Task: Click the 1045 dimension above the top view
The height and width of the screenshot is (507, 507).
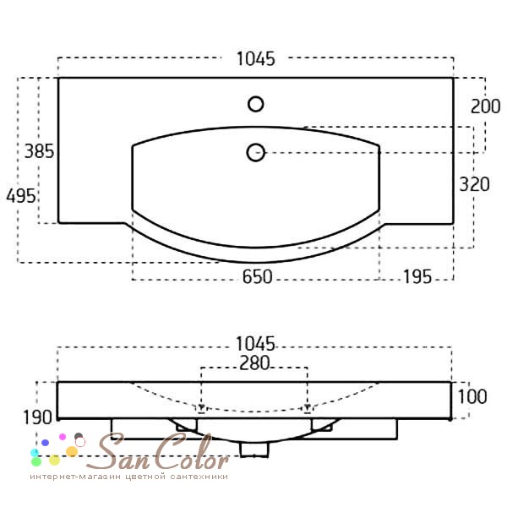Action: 256,59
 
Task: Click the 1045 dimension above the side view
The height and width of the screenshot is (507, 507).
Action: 255,343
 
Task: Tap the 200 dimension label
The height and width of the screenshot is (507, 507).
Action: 485,106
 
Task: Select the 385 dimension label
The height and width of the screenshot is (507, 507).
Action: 39,151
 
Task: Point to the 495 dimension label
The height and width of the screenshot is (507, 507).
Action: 21,196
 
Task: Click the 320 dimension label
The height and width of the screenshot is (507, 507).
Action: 474,184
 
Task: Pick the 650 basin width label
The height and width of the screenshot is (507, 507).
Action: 258,277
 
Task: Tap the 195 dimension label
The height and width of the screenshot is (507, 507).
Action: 417,277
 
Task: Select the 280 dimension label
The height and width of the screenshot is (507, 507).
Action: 254,363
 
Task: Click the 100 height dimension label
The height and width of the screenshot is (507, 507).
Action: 472,396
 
